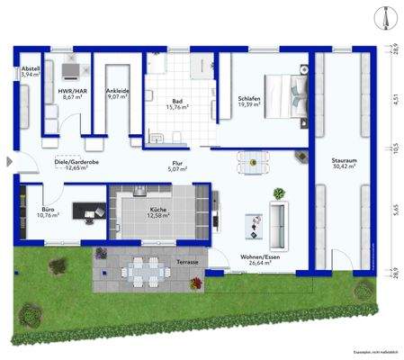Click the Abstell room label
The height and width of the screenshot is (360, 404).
click(x=31, y=69)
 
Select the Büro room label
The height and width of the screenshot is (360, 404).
click(x=47, y=207)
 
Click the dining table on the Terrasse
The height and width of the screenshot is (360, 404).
click(x=139, y=270)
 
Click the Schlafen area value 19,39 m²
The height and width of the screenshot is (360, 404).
click(x=249, y=105)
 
